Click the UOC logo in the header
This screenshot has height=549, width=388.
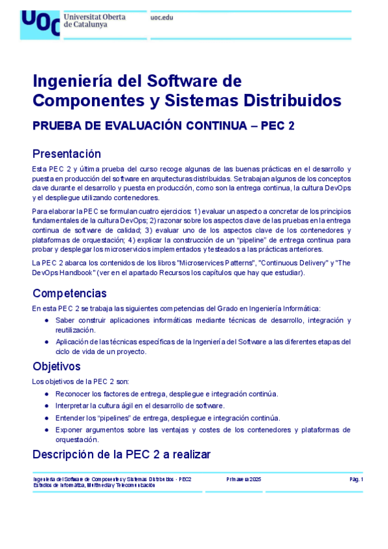[x=40, y=24]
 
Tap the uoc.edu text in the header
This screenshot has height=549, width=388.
[x=162, y=17]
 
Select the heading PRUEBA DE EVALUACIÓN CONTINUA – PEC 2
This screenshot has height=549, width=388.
[x=163, y=126]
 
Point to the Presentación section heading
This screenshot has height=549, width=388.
[x=67, y=153]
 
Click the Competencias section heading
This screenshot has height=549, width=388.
[x=69, y=293]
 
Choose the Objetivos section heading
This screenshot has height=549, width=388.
[x=56, y=366]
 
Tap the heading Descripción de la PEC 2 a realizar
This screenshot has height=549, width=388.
[x=121, y=454]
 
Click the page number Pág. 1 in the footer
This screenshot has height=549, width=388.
[x=356, y=479]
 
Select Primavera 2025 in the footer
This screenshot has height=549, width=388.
[x=244, y=479]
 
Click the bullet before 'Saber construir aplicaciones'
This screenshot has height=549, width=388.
[x=46, y=320]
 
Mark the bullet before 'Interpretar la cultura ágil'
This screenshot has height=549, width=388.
[x=46, y=405]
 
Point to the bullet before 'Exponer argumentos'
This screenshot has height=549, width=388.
[x=46, y=430]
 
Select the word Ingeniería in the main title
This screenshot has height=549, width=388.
[x=76, y=82]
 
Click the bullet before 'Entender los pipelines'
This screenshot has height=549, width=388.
[x=46, y=418]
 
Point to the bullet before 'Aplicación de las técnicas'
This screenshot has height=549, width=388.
[x=46, y=341]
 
